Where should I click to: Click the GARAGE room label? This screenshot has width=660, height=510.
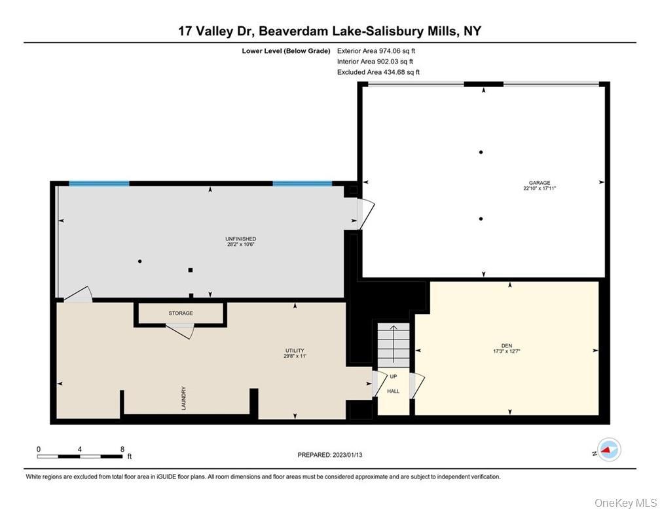click(x=540, y=183)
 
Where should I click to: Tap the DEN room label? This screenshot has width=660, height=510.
click(x=506, y=346)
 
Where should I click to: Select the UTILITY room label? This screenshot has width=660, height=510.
click(x=295, y=351)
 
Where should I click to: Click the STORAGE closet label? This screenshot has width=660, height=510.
click(x=180, y=313)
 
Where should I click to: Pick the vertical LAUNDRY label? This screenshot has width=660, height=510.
click(x=185, y=397)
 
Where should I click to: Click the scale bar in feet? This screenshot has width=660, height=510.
click(x=80, y=455)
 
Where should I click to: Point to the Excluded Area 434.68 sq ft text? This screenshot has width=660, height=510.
click(x=378, y=72)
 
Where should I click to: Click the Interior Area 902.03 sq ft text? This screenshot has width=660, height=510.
click(x=375, y=61)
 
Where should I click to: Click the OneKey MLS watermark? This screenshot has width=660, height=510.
click(x=625, y=502)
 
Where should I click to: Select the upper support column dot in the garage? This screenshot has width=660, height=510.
click(x=481, y=152)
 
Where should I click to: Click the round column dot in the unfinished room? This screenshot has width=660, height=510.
click(x=139, y=262)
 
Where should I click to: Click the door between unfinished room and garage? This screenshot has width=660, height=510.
click(x=365, y=213)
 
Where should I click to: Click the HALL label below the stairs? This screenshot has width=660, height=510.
click(x=393, y=391)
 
